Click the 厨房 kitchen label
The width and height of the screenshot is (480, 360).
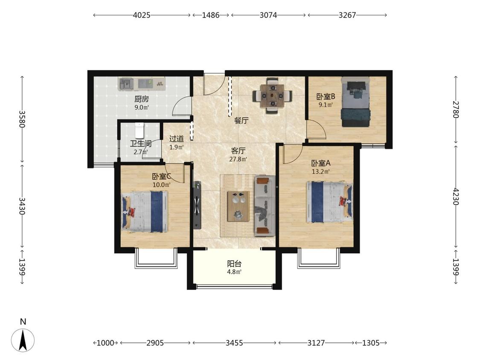coord(141,99)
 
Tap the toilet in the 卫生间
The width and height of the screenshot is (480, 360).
coord(139,131)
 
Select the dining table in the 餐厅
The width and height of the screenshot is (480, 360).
coord(272,96)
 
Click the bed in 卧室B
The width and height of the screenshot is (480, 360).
coord(356,102)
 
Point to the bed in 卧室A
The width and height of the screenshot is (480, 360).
coord(329,202)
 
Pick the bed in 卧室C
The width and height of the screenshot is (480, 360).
coord(145,212)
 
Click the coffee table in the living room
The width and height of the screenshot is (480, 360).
coord(238,206)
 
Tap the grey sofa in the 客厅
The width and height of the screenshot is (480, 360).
coord(265,206)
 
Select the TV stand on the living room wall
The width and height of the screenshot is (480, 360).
coord(197,205)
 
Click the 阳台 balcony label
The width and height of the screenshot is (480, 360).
coord(235,264)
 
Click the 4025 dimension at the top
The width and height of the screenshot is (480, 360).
coord(142,15)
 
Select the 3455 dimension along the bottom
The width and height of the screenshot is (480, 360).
coord(234,343)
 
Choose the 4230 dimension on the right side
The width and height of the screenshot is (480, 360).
coord(456,197)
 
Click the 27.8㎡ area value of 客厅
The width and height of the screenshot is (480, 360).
coord(238,159)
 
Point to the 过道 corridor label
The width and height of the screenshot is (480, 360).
coord(177,139)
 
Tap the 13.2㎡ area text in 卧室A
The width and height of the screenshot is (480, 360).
coord(321,172)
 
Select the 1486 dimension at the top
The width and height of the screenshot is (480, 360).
coord(211,15)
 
